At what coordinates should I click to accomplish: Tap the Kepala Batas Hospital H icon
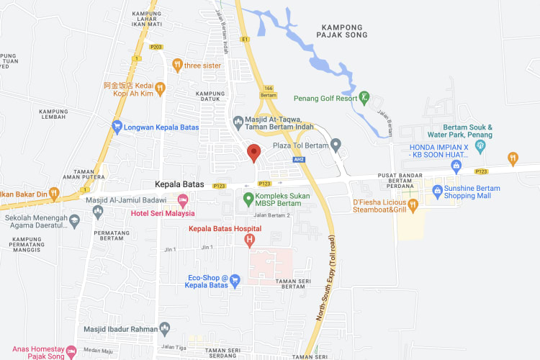click(x=250, y=240)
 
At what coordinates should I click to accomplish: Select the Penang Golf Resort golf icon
click(x=365, y=97)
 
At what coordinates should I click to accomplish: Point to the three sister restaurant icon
click(x=177, y=65)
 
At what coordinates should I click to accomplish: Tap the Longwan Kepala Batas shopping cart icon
click(x=117, y=127)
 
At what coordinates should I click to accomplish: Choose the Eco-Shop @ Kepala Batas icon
click(x=235, y=278)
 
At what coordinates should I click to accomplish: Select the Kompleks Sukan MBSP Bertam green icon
click(x=248, y=198)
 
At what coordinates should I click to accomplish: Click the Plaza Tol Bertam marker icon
click(x=336, y=145)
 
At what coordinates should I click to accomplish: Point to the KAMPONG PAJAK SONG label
click(x=343, y=30)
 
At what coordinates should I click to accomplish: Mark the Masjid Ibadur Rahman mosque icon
click(x=166, y=329)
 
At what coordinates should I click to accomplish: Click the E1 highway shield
click(x=245, y=39)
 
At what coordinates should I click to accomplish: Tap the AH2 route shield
click(x=299, y=159)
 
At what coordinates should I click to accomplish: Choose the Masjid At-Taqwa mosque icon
click(x=239, y=120)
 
